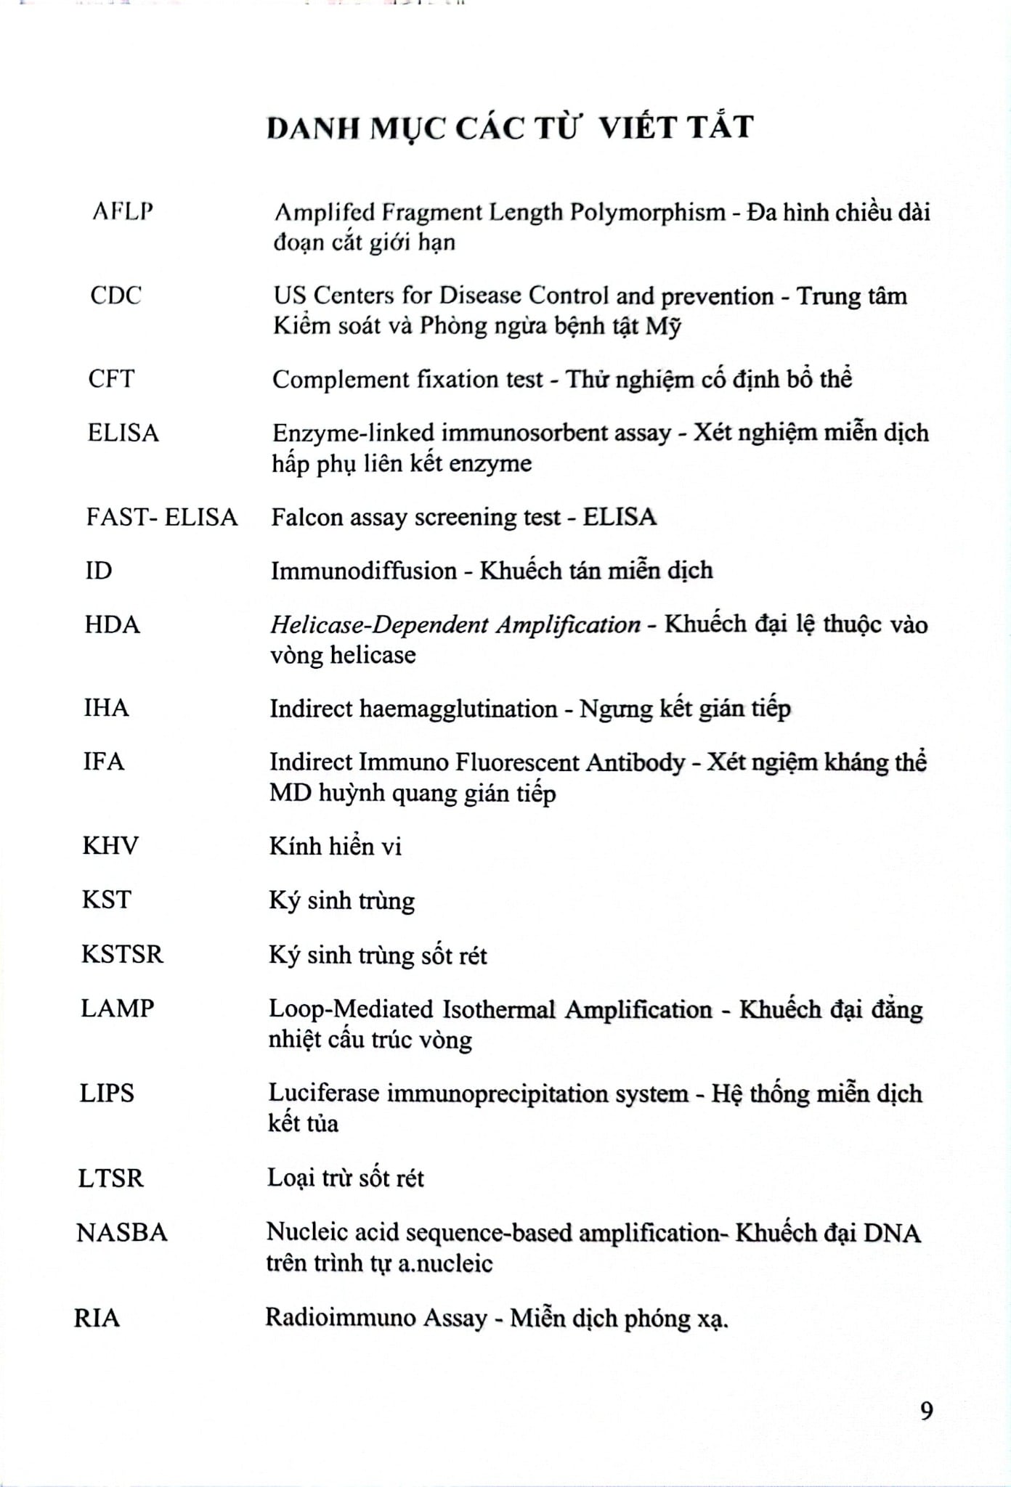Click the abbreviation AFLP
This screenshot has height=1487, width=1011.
tap(123, 211)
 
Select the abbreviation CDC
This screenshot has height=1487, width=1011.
tap(115, 296)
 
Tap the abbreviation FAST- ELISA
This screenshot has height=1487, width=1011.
tap(162, 517)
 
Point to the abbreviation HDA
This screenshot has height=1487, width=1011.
tap(112, 624)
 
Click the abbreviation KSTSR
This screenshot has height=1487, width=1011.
tap(122, 954)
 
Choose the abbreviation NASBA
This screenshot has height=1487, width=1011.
tap(122, 1233)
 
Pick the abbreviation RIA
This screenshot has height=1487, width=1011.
tap(97, 1318)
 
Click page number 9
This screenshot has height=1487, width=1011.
tap(926, 1411)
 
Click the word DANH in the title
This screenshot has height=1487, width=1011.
tap(313, 128)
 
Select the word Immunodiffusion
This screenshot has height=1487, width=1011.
tap(364, 571)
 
